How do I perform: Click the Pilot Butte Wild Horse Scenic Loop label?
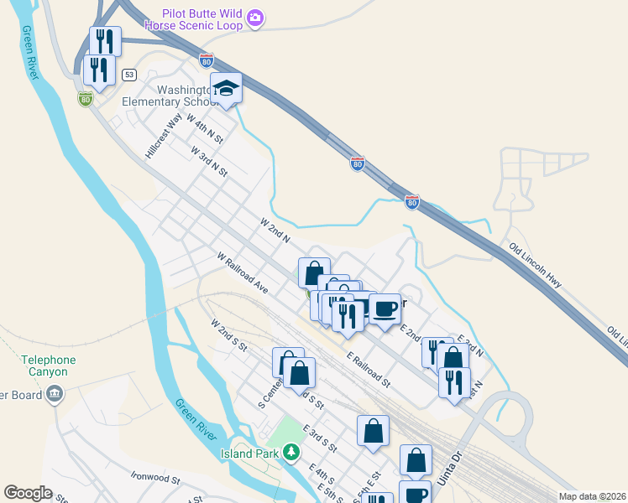click(x=203, y=19)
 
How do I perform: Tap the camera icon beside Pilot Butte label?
click(x=255, y=18)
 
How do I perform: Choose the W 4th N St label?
click(x=206, y=128)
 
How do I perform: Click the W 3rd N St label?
click(x=209, y=161)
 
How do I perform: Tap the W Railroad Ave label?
click(x=242, y=272)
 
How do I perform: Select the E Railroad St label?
click(x=369, y=369)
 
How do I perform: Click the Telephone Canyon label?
click(x=49, y=366)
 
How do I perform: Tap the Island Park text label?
click(x=249, y=454)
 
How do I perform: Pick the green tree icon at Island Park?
click(x=290, y=454)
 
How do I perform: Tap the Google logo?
click(x=29, y=493)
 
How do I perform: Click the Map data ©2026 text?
click(x=592, y=496)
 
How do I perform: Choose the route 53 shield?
click(x=128, y=75)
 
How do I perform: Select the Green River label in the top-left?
click(x=29, y=53)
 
